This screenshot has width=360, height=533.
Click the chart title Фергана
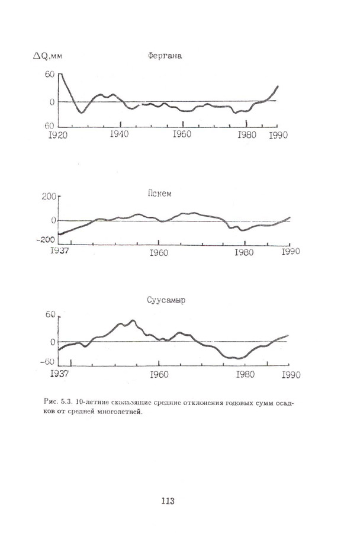pyautogui.click(x=165, y=57)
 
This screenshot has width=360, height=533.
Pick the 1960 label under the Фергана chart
pyautogui.click(x=182, y=134)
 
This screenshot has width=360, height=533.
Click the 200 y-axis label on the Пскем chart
pyautogui.click(x=47, y=197)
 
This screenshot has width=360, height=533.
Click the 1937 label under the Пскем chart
pyautogui.click(x=59, y=251)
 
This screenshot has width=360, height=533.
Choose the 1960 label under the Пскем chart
pyautogui.click(x=159, y=252)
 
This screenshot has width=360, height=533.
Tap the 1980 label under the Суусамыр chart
pyautogui.click(x=245, y=374)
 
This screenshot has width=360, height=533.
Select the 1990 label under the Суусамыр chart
pyautogui.click(x=290, y=374)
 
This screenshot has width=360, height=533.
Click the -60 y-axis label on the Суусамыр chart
pyautogui.click(x=48, y=362)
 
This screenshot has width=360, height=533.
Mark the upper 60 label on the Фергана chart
pyautogui.click(x=49, y=75)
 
